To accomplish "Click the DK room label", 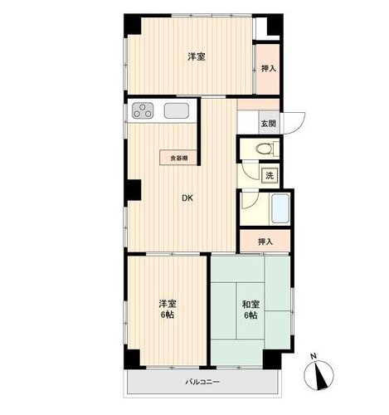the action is click(187, 198).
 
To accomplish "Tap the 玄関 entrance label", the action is click(269, 123).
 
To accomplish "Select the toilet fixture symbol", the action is click(267, 149).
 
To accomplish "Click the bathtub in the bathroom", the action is click(280, 208).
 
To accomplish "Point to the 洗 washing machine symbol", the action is click(270, 175).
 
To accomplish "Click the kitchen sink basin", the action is click(177, 111).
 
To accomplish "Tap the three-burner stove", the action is click(143, 110).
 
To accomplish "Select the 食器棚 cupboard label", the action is click(178, 158).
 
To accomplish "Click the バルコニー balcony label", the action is click(202, 382).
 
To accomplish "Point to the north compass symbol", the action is click(318, 375).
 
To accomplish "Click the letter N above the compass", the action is click(314, 356).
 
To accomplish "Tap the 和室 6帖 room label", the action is click(250, 310).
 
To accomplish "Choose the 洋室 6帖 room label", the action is click(168, 310).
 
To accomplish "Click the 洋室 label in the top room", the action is click(197, 56).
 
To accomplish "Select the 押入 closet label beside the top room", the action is click(269, 68).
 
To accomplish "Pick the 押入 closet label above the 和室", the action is click(265, 242).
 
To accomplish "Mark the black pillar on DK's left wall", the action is click(134, 189).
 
